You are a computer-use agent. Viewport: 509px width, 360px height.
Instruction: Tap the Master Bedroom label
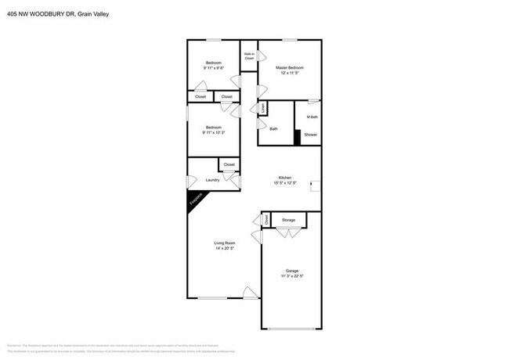tap(289, 68)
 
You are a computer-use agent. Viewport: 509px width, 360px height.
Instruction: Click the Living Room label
tap(225, 243)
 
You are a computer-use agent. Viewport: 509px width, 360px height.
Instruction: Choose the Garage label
tap(291, 271)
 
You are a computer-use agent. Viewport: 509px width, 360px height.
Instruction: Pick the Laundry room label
tap(211, 180)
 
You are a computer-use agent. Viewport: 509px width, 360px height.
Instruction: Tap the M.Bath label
tap(312, 117)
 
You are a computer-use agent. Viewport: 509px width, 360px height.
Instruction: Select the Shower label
tap(311, 135)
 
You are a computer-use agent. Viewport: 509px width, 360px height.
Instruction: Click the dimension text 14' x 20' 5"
tap(225, 249)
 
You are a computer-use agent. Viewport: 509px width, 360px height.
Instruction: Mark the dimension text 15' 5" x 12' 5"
tap(284, 183)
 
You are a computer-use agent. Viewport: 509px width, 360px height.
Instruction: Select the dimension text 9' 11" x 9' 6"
tap(214, 69)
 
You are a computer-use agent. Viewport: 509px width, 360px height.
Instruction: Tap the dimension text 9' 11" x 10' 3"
tap(214, 133)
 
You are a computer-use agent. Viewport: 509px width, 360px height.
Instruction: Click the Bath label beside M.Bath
tap(273, 129)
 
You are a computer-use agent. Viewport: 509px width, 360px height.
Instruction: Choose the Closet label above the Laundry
tap(229, 164)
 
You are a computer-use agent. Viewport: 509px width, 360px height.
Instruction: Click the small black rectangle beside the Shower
tap(298, 136)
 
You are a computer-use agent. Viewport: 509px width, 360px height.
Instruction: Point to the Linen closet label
tap(264, 107)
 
